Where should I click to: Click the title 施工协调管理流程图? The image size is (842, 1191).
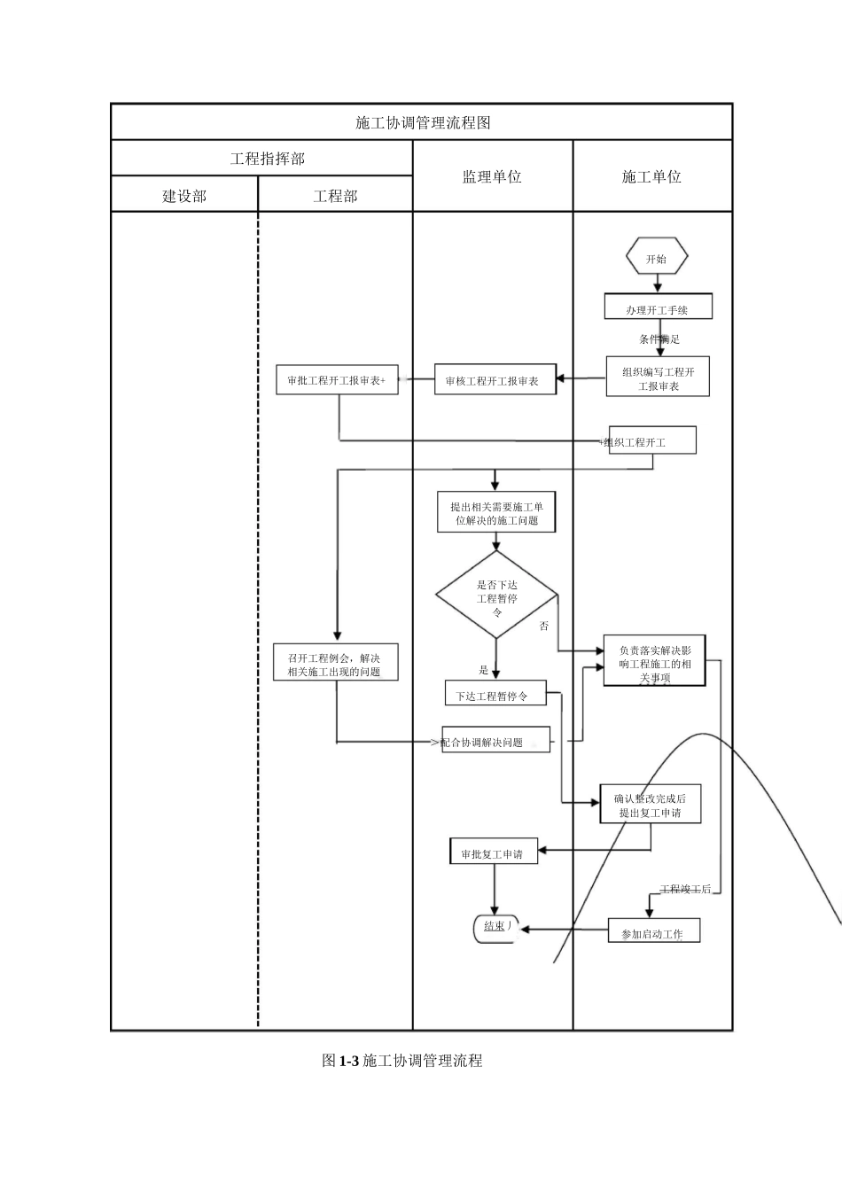tap(422, 122)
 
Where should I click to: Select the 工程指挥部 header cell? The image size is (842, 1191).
tap(267, 159)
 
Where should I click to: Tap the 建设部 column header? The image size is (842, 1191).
tap(184, 196)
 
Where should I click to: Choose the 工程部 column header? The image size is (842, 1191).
tap(335, 196)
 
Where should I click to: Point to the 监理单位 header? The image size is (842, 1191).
tap(492, 176)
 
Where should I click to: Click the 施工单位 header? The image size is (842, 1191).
tap(651, 176)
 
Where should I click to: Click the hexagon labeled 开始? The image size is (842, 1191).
tap(657, 259)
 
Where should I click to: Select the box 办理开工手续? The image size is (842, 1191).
tap(658, 308)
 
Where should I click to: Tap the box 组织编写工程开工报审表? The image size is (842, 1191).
tap(658, 378)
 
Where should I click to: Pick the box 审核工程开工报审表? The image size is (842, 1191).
tap(495, 380)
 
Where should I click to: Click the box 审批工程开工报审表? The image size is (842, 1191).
tap(337, 380)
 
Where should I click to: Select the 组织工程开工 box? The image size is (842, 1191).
tap(651, 440)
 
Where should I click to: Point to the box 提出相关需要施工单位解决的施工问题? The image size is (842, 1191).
tap(496, 513)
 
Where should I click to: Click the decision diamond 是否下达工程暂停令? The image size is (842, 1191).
tap(496, 595)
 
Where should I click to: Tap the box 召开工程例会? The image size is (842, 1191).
tap(336, 664)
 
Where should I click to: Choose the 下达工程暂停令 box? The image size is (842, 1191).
tap(495, 695)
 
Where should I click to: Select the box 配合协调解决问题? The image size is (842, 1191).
tap(495, 741)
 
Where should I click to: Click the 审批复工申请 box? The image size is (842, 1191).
tap(493, 853)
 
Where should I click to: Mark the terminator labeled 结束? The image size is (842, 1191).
tap(495, 927)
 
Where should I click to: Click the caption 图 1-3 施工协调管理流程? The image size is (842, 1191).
tap(402, 1060)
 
